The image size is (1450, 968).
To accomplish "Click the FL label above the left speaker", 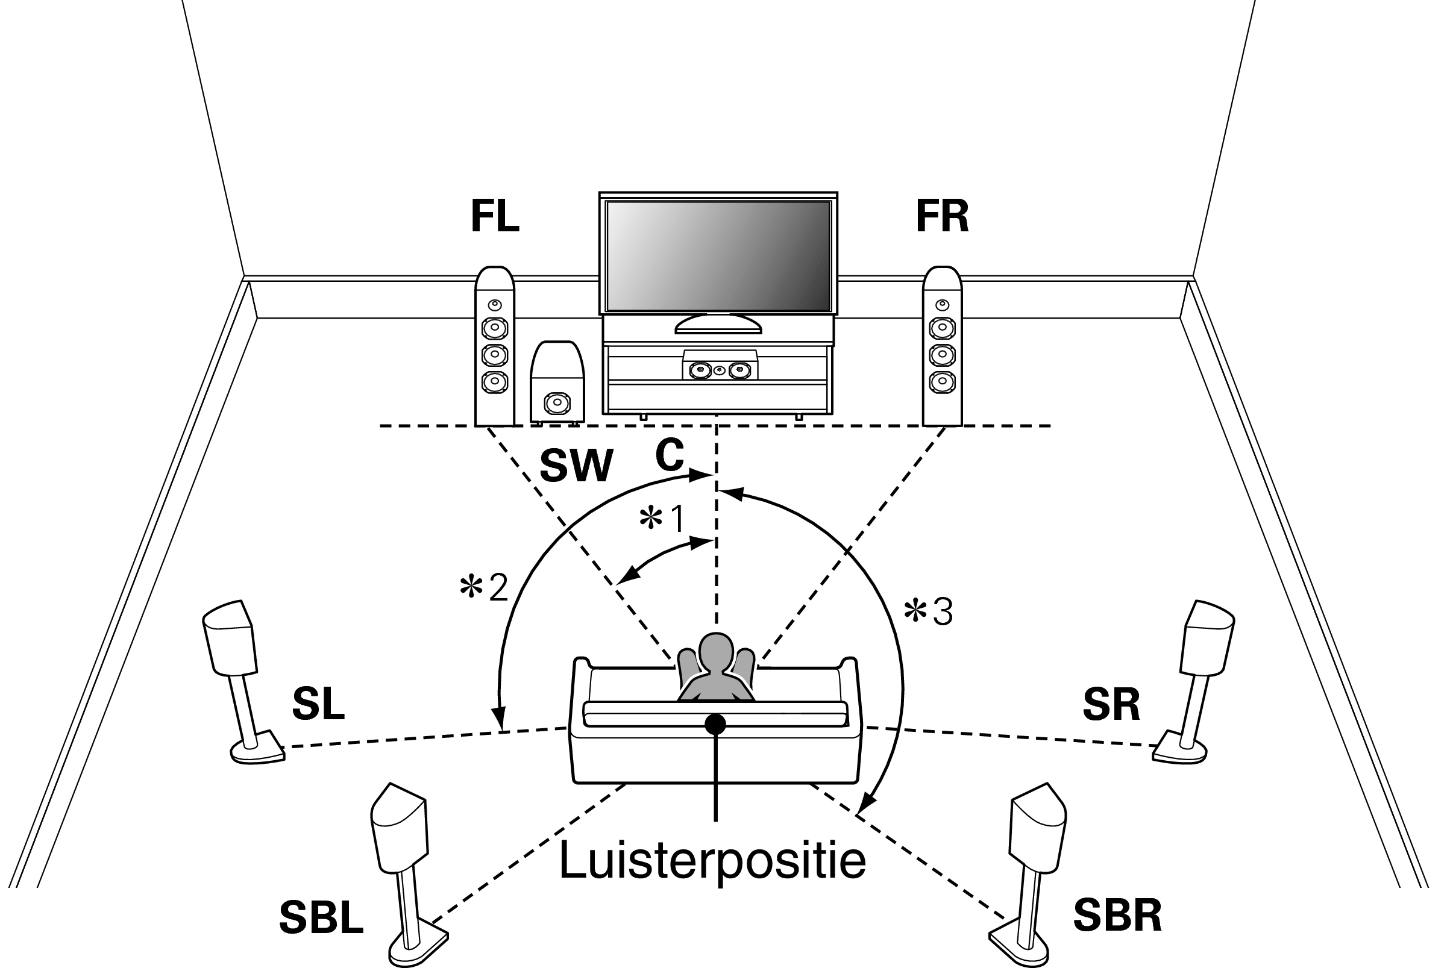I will point(495,216).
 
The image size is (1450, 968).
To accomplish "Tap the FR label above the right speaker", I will point(942,216).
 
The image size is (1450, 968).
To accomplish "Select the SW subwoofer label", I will point(576,466).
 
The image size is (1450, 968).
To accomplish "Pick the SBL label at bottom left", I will point(321,918).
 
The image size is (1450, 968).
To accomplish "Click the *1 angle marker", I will point(662,519).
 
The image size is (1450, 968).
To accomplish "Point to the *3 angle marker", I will point(928,612).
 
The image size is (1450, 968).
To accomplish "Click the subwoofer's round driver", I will point(557,403).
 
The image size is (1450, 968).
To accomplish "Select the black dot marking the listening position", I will point(715,724).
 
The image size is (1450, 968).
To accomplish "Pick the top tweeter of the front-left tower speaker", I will point(494,305).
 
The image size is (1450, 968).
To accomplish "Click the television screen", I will point(718,255).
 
